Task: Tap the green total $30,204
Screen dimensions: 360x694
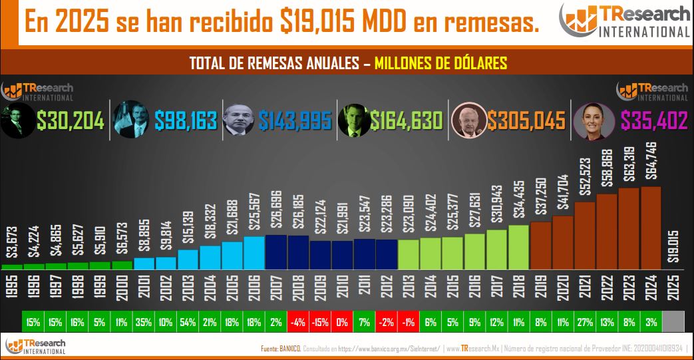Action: (71, 120)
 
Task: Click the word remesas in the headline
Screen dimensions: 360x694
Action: (489, 22)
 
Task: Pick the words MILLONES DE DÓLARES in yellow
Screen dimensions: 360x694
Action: (441, 64)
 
